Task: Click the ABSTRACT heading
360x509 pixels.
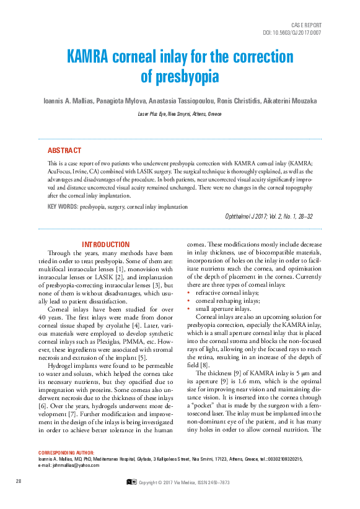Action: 64,150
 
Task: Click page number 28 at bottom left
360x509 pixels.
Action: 19,481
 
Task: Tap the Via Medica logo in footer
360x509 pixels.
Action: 131,481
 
